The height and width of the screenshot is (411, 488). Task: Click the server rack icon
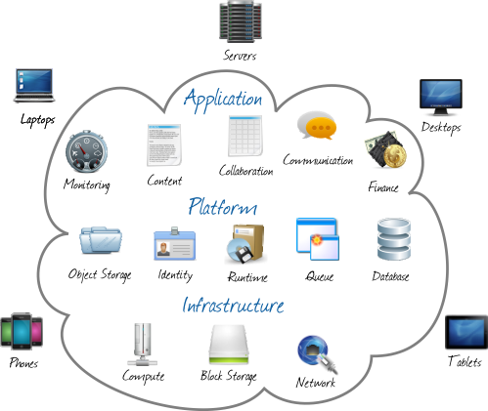[x=241, y=21]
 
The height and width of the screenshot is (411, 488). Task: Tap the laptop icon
[x=34, y=86]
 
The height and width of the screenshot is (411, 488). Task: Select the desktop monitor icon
[x=441, y=97]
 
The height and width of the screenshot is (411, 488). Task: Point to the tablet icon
[x=466, y=332]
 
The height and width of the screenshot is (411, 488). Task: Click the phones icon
[x=22, y=332]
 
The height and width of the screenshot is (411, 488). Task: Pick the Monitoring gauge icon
[x=86, y=151]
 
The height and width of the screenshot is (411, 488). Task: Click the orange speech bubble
[x=321, y=128]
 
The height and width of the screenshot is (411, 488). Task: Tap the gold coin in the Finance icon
[x=395, y=156]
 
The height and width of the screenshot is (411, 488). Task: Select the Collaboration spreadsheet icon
[x=245, y=136]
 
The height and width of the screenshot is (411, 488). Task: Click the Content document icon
[x=164, y=144]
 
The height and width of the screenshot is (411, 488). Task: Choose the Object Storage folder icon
[x=101, y=240]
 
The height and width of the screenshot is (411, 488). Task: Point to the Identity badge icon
[x=175, y=243]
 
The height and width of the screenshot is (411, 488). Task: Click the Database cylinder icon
[x=394, y=239]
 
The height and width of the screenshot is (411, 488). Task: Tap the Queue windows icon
[x=318, y=239]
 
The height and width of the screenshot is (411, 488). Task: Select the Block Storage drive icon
[x=229, y=344]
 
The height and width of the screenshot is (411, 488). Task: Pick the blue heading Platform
[x=223, y=206]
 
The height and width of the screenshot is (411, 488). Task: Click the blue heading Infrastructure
[x=233, y=306]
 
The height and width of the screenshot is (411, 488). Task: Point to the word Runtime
[x=247, y=277]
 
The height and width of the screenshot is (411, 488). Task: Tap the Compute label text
[x=143, y=377]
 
